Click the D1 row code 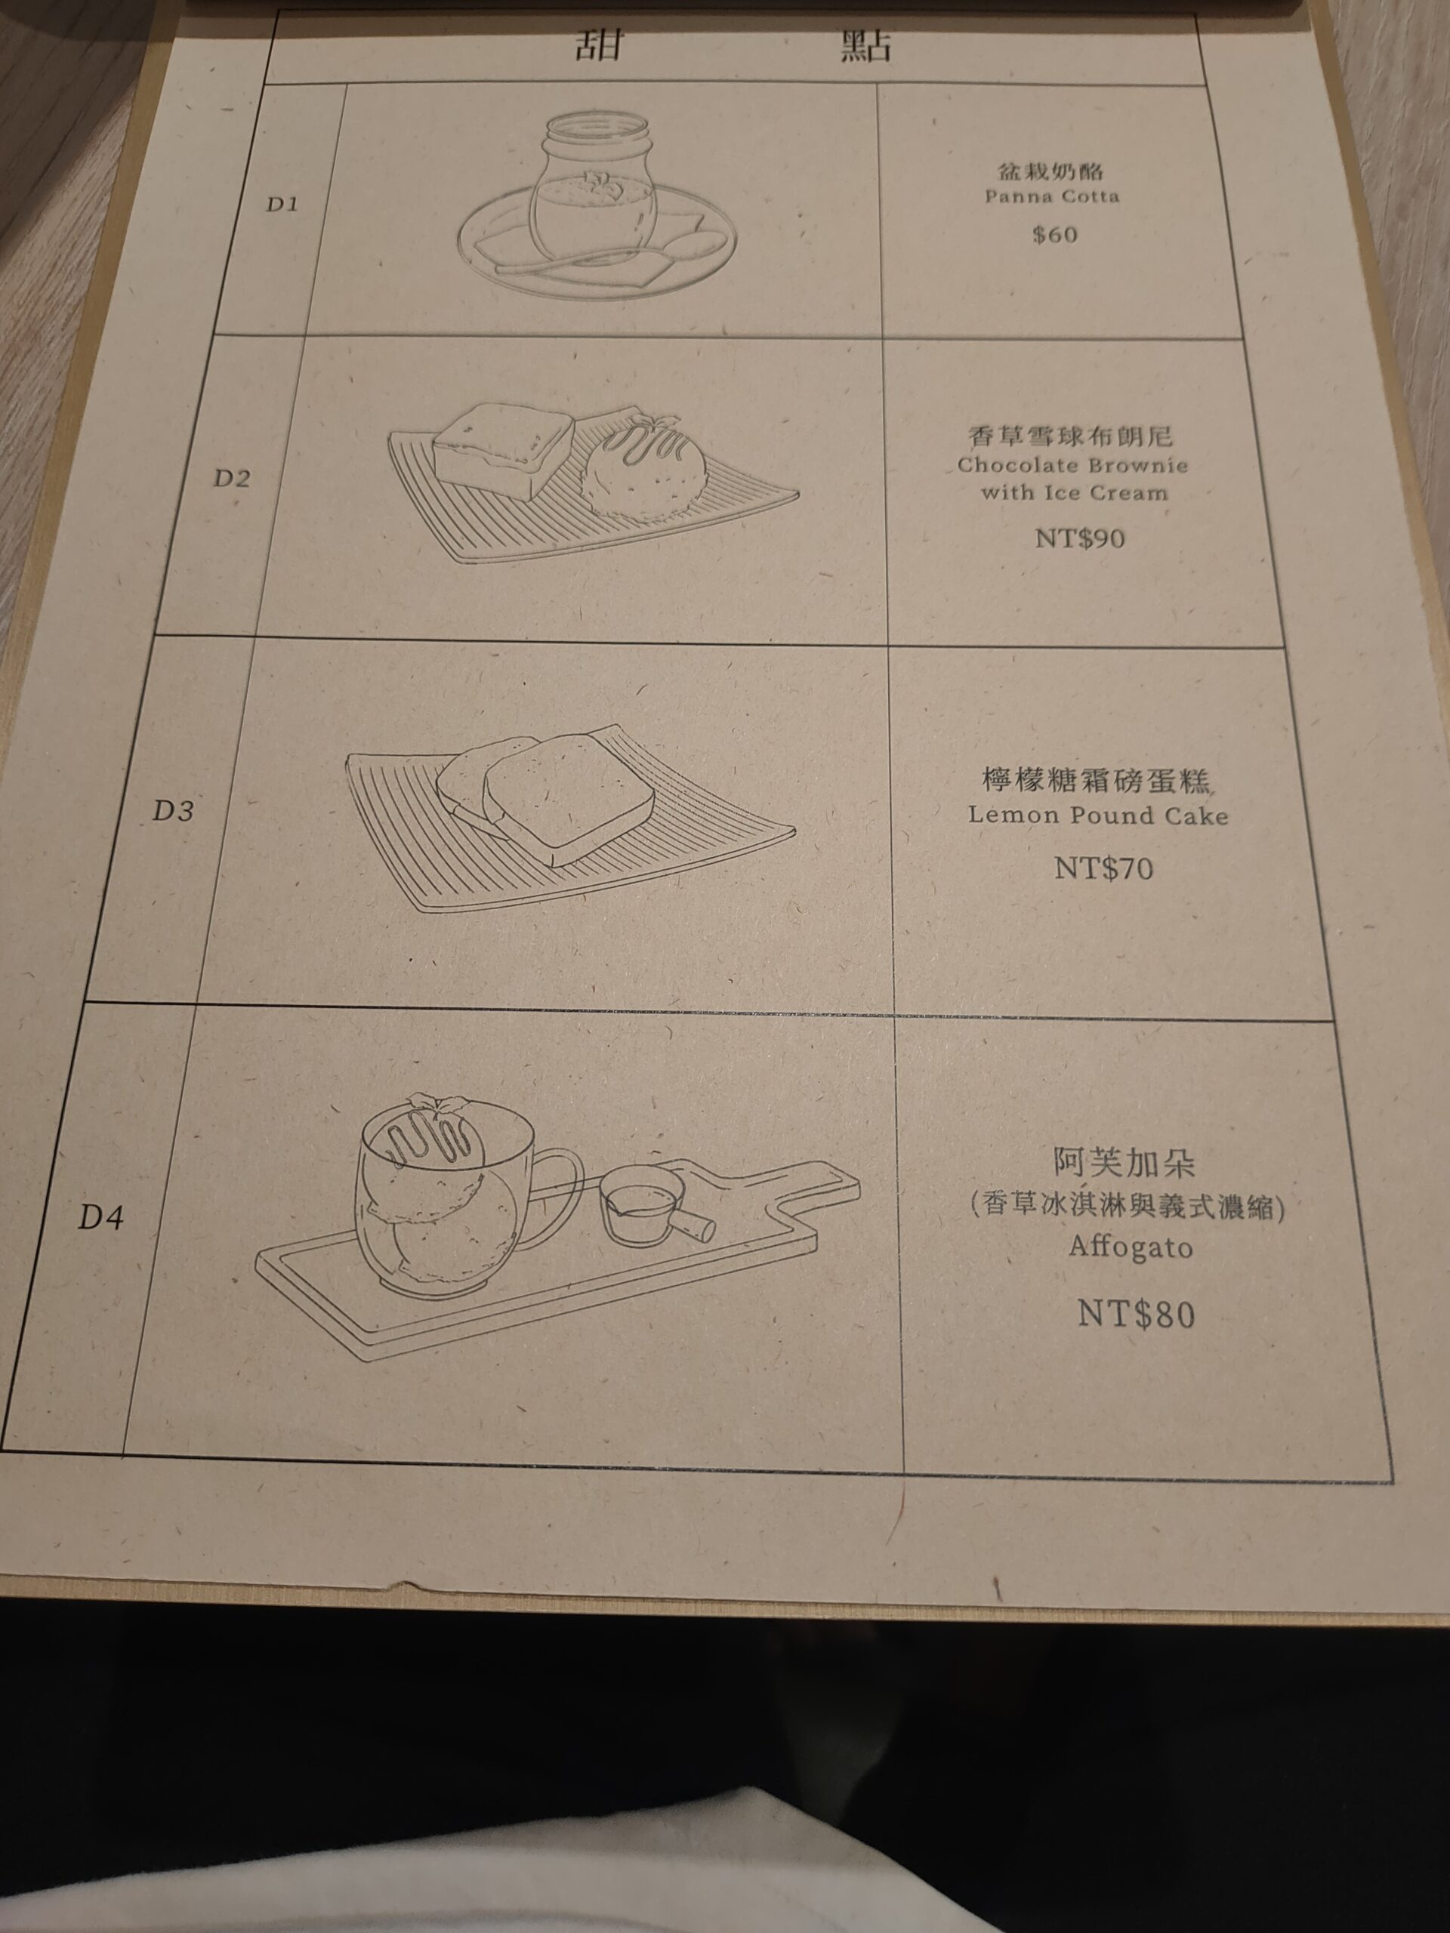click(x=282, y=206)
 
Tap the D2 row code click(x=233, y=478)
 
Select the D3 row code click(x=173, y=811)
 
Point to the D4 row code click(x=100, y=1217)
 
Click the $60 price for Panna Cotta click(x=1054, y=234)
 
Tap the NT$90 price click(x=1079, y=538)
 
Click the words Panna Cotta click(x=1051, y=196)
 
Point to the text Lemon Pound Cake click(x=1098, y=816)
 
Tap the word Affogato click(x=1130, y=1247)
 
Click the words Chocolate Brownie click(x=1072, y=464)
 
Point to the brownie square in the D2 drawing click(x=504, y=450)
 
